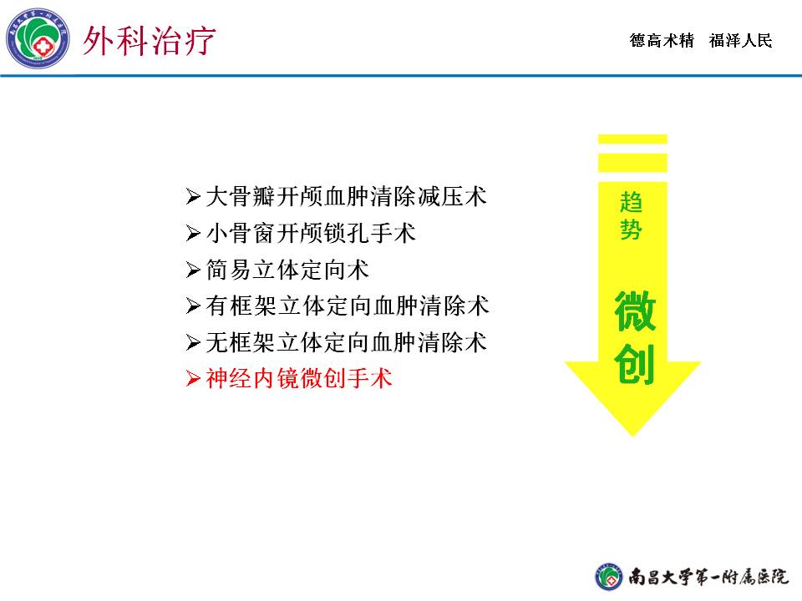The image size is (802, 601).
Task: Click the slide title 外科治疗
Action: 149,40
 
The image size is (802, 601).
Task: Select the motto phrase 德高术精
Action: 662,40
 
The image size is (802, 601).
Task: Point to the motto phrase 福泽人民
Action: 740,40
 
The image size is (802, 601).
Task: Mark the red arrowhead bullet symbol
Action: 193,379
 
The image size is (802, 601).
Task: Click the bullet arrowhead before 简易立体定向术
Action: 193,270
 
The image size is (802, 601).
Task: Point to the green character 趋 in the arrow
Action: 632,202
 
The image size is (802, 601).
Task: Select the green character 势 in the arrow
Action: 632,229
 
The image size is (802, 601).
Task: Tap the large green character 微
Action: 635,311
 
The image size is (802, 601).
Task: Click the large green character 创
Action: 635,364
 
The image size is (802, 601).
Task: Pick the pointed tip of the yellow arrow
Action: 632,436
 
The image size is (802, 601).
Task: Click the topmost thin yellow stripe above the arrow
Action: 632,139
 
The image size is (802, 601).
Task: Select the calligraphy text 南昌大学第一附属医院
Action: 708,577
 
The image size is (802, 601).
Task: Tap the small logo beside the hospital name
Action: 609,577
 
